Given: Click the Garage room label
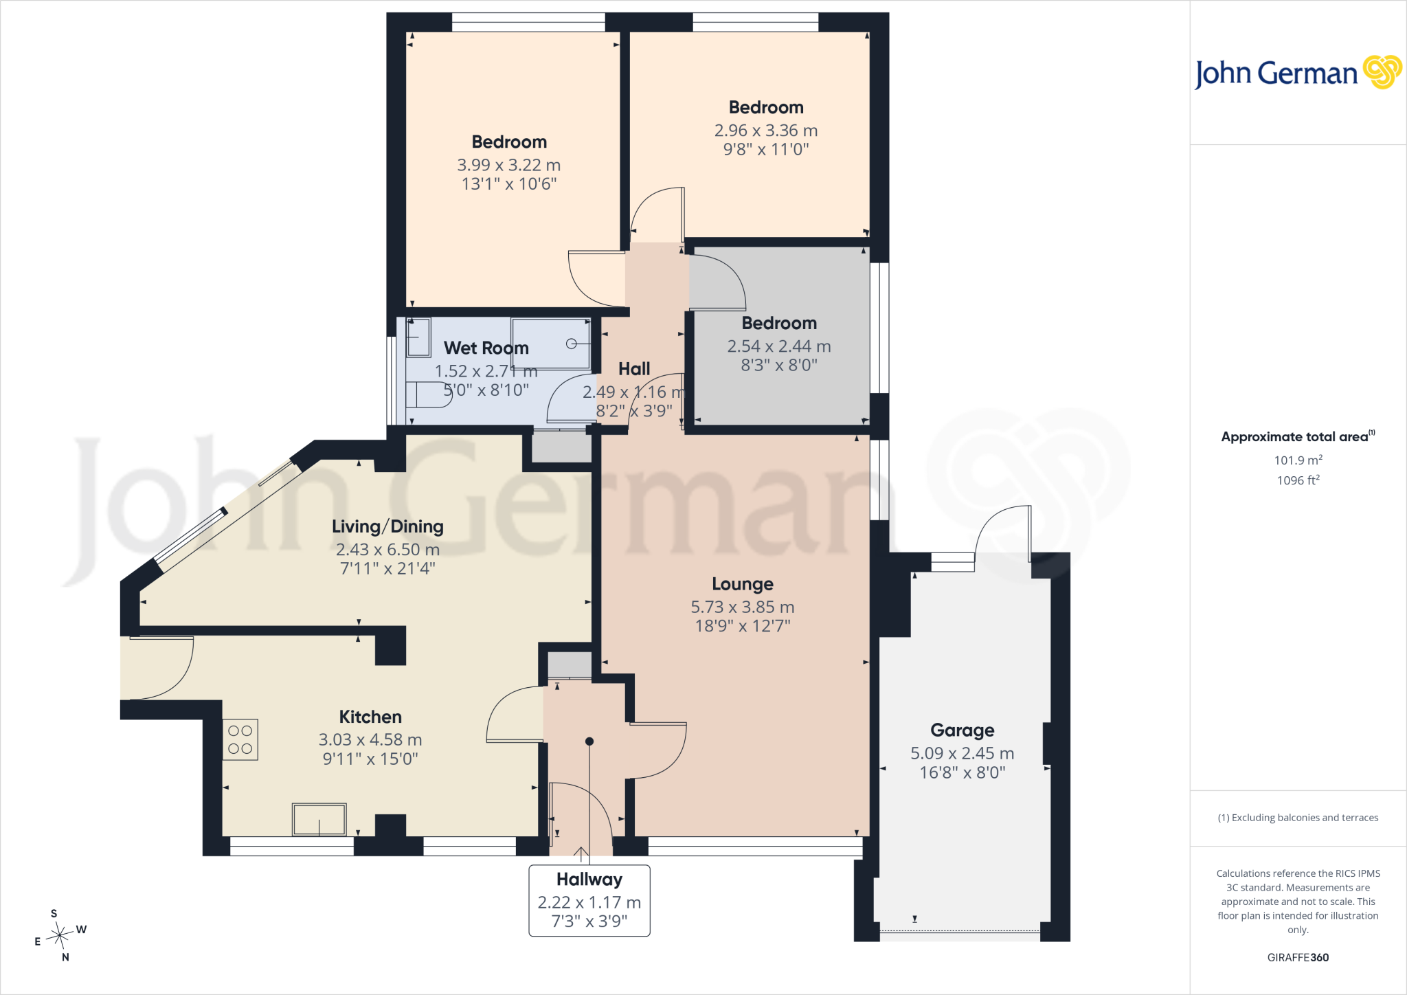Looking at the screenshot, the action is (962, 730).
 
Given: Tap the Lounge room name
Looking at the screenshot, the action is (743, 584).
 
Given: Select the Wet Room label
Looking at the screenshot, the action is (486, 348).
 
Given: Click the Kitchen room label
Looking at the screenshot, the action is (370, 717).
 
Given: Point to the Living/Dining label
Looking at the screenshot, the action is (387, 526).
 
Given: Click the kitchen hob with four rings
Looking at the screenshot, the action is (240, 739).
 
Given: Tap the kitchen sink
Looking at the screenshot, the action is (319, 819).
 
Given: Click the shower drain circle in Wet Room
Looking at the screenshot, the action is (571, 344).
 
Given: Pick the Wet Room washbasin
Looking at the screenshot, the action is (418, 337).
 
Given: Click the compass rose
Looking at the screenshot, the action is (60, 935).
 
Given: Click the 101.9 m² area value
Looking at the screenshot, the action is (1298, 460).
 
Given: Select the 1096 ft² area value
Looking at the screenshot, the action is (1298, 480).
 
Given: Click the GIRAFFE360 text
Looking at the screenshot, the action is (1298, 957).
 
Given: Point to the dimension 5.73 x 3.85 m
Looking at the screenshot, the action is (743, 607).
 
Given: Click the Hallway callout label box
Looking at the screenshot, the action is (589, 900).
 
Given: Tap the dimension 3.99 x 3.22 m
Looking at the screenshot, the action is (509, 165).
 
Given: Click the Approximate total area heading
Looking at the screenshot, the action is (1298, 436).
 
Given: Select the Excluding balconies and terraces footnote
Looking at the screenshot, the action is (1298, 818).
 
